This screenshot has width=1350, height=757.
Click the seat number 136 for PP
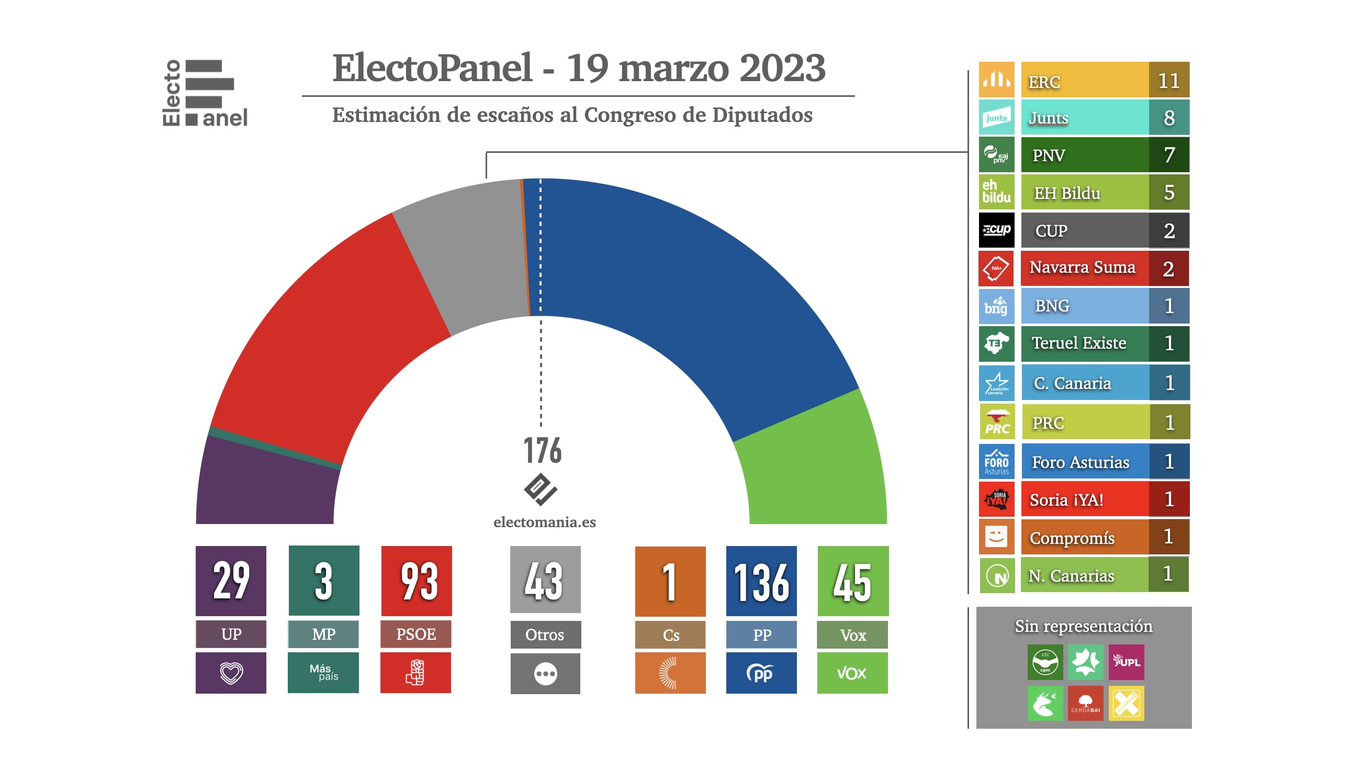[x=761, y=582]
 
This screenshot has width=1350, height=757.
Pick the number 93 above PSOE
[x=417, y=582]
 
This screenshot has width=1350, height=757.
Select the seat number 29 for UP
[x=231, y=581]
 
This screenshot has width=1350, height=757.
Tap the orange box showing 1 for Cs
[x=670, y=582]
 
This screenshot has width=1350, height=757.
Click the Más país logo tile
[x=323, y=673]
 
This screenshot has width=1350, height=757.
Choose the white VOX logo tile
[x=852, y=673]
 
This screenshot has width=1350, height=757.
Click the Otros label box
[x=545, y=635]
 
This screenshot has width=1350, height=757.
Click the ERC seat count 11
[x=1168, y=81]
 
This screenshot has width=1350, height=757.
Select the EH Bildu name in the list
[x=1067, y=194]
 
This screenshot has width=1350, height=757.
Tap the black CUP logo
[x=996, y=230]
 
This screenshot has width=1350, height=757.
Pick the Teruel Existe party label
[x=1078, y=343]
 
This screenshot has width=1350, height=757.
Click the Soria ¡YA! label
[x=1066, y=500]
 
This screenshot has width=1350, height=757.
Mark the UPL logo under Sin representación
[x=1126, y=662]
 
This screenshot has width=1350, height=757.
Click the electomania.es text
[x=545, y=522]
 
